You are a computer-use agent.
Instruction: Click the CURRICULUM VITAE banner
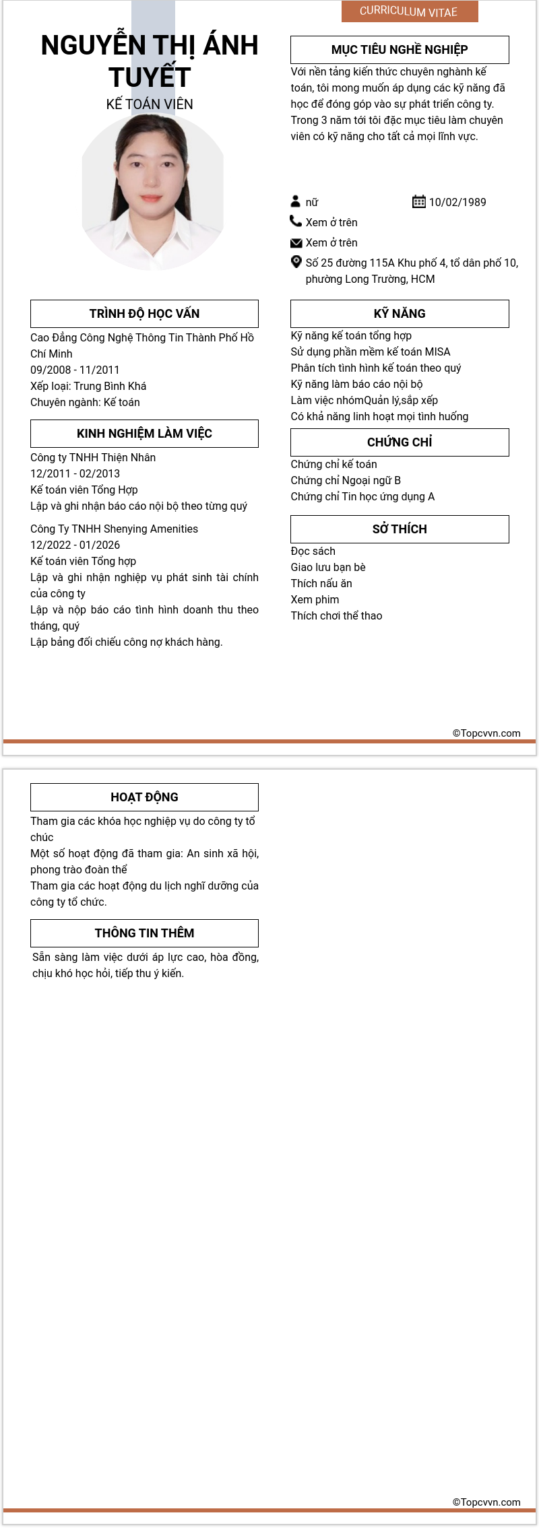point(409,11)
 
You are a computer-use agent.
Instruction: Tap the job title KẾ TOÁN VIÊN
point(150,104)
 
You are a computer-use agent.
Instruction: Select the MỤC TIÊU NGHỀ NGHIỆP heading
point(400,50)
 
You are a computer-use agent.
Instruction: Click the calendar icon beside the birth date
point(418,201)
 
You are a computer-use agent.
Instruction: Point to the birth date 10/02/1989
point(457,202)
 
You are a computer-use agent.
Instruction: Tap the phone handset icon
point(296,221)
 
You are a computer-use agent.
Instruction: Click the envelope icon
point(296,242)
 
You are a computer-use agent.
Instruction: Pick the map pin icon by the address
point(296,262)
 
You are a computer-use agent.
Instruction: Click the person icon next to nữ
point(295,201)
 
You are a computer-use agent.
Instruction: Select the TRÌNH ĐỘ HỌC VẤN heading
point(144,314)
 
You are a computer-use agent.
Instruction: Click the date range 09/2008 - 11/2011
point(75,370)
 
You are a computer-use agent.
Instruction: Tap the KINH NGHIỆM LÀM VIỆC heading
point(144,434)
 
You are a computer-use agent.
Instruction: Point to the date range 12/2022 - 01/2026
point(75,545)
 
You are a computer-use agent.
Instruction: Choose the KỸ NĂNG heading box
point(400,314)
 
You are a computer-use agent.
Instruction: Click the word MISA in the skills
point(437,352)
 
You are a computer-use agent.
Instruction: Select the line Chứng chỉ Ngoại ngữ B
point(346,480)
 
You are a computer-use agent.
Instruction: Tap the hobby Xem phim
point(315,599)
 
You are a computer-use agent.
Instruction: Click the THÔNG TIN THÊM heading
point(144,933)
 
